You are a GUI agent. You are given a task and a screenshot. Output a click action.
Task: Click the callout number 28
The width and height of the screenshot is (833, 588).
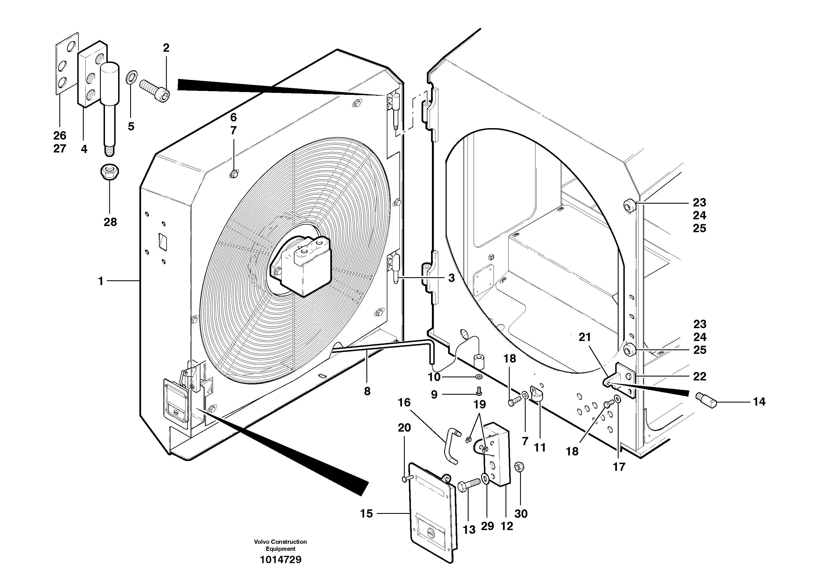coord(110,222)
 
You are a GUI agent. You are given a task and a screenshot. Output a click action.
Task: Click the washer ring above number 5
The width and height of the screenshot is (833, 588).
coord(131,77)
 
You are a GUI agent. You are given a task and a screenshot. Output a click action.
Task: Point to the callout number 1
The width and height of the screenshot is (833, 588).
coord(101,281)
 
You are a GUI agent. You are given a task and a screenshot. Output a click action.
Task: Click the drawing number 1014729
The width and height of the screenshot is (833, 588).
coord(280,560)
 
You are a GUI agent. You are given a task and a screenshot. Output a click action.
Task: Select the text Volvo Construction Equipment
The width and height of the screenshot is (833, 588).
coord(280,545)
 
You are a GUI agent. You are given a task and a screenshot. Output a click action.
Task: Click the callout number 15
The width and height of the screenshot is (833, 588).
coord(366,514)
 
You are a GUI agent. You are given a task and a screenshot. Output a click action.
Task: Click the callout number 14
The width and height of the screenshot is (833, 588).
coord(759,402)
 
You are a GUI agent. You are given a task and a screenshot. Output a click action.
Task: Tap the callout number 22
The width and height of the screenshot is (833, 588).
coord(699,377)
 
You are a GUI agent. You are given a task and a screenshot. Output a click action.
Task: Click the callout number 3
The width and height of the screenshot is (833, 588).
coord(451,278)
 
